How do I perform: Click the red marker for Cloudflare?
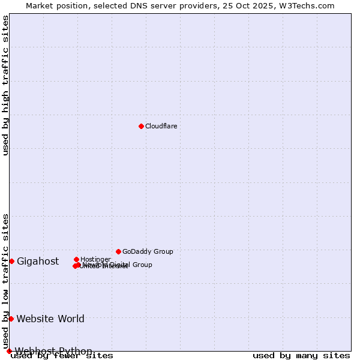click(x=141, y=126)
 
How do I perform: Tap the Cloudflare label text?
click(x=161, y=126)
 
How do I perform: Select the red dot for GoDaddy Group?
click(x=118, y=251)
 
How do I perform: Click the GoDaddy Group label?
click(x=148, y=251)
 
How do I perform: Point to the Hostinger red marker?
click(x=76, y=259)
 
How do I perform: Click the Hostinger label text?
click(x=95, y=259)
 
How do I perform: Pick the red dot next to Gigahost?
click(x=11, y=261)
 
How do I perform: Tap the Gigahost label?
click(x=38, y=261)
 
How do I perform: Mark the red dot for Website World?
click(x=11, y=319)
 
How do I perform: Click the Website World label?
click(x=50, y=319)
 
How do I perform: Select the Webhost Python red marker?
click(x=9, y=351)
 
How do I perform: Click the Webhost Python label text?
click(x=53, y=351)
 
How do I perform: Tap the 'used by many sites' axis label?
click(x=301, y=355)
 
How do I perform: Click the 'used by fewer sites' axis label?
click(x=62, y=355)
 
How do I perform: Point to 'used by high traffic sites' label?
click(x=5, y=85)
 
